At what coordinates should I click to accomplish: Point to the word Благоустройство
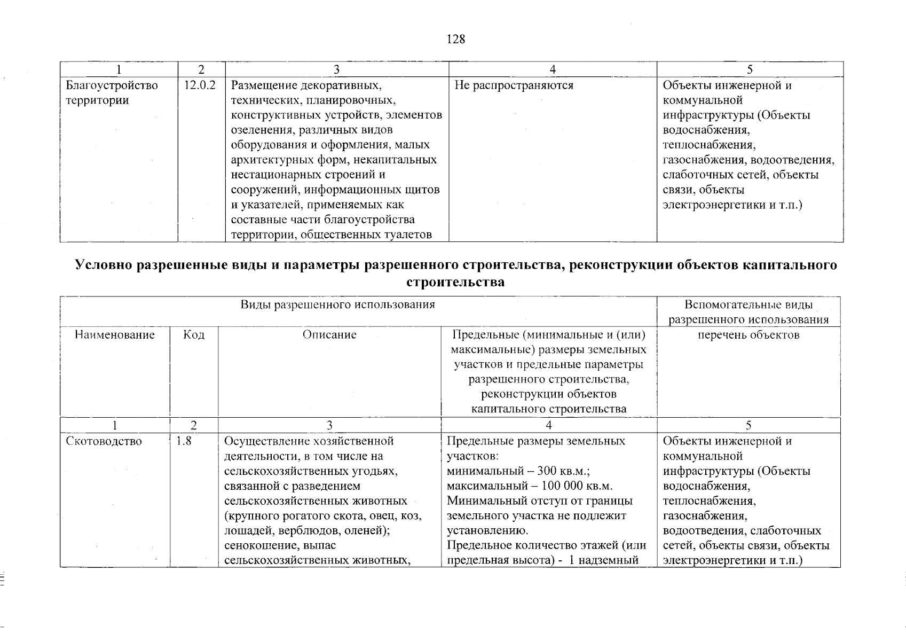pos(112,85)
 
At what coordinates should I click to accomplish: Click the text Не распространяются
pos(514,85)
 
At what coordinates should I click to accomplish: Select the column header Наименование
pos(115,335)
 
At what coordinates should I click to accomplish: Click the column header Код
pos(194,335)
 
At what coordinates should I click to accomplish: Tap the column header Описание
pos(329,335)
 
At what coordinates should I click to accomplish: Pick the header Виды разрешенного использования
pos(337,305)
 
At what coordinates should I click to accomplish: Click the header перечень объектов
pos(749,335)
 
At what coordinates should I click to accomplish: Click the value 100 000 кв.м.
pos(577,486)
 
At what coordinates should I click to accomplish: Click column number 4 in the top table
pos(553,69)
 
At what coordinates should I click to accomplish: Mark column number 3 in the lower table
pos(329,425)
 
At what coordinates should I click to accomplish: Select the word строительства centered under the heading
pos(455,283)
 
